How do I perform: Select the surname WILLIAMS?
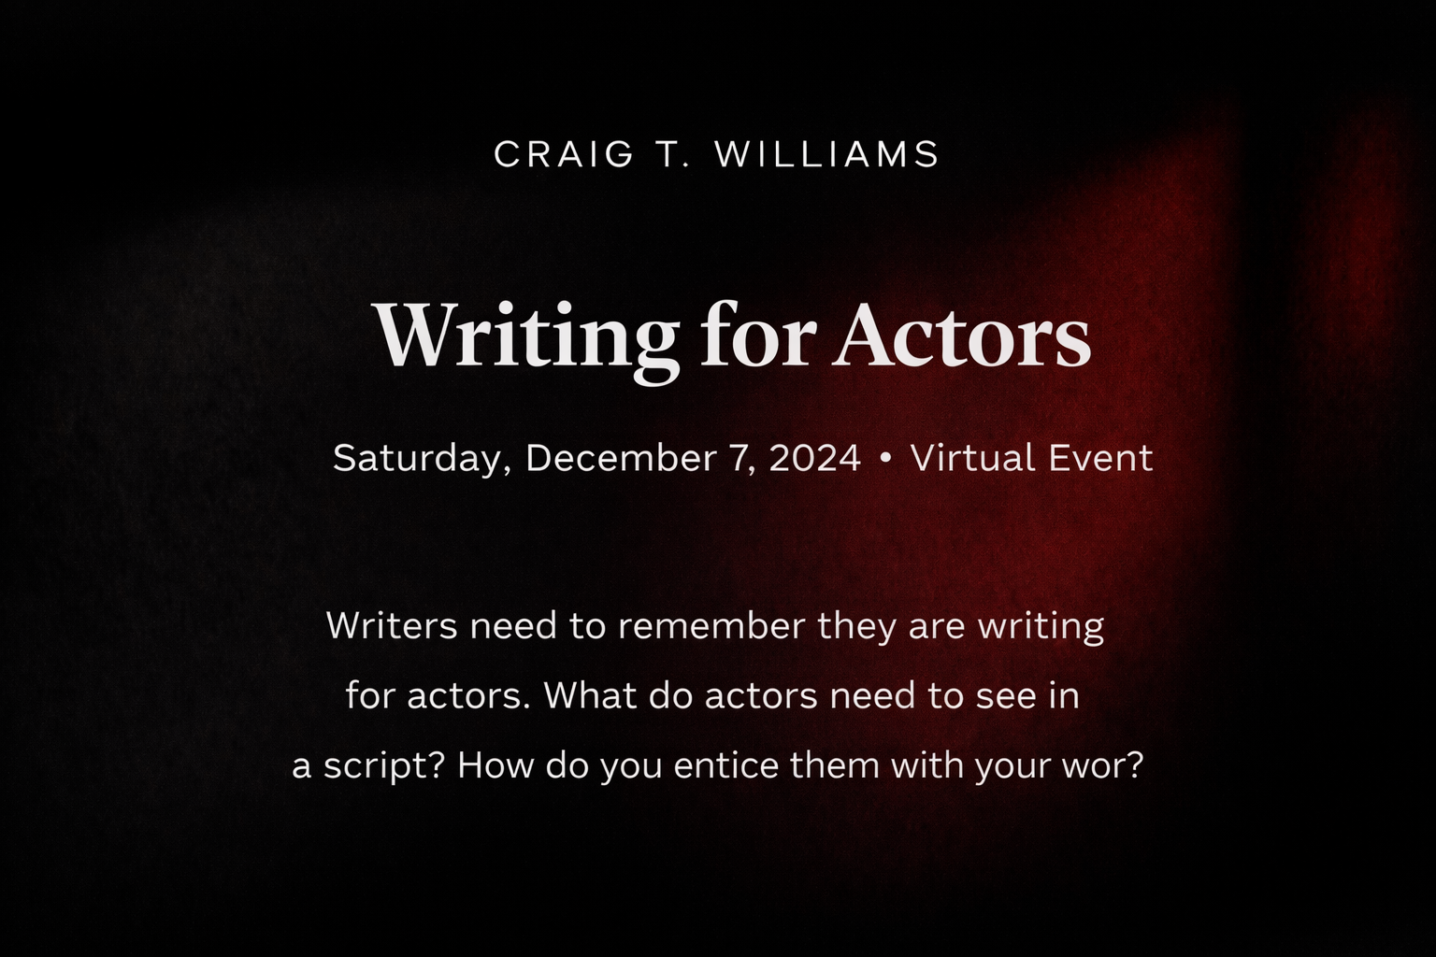pyautogui.click(x=827, y=154)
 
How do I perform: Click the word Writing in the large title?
pyautogui.click(x=526, y=336)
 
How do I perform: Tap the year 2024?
pyautogui.click(x=814, y=459)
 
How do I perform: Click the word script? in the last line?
pyautogui.click(x=384, y=767)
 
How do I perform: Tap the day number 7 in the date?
pyautogui.click(x=736, y=459)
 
